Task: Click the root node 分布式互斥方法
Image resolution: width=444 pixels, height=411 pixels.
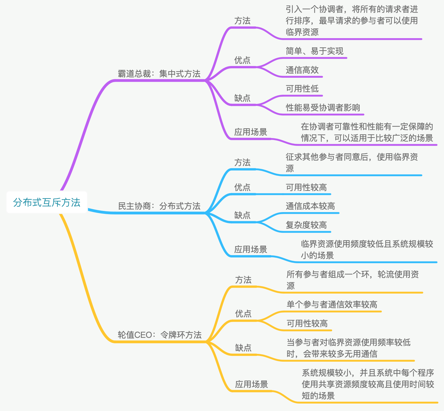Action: [46, 202]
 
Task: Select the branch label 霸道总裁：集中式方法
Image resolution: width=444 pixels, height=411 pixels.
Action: [159, 74]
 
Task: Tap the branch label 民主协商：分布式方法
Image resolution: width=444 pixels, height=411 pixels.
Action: [159, 206]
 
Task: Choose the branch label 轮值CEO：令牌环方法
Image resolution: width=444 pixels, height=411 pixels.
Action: [159, 335]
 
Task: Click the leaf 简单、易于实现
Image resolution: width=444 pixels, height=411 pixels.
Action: [314, 51]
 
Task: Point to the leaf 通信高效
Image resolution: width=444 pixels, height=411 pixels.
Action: [302, 70]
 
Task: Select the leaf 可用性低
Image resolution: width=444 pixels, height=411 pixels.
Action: [302, 89]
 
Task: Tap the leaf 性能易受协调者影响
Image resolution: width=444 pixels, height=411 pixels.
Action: [323, 108]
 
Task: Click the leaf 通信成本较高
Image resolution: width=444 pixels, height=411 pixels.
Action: [310, 206]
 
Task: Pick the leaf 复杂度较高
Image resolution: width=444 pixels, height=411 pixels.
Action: [306, 225]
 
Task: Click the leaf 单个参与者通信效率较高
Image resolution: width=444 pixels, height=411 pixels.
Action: [332, 304]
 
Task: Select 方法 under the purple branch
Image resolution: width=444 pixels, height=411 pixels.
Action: [242, 21]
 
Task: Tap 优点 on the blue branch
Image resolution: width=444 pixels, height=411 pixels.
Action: [242, 187]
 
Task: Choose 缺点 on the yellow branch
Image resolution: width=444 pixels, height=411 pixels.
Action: [243, 348]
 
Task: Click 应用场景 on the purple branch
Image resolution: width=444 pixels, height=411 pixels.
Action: [251, 132]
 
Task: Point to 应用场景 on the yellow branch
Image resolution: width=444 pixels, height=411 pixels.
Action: [252, 384]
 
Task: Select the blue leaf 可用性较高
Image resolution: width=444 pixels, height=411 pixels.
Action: [306, 187]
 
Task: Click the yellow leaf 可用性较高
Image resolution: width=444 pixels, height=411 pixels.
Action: [307, 323]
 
